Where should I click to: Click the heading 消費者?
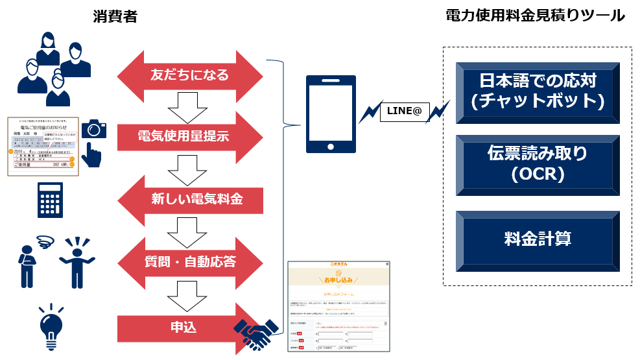[x=115, y=17]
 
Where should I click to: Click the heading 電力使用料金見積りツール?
[x=535, y=16]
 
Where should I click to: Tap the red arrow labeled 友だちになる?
[x=190, y=75]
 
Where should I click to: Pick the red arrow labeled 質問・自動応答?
[x=190, y=261]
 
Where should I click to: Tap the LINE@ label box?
[x=404, y=112]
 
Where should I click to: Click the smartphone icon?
[x=331, y=114]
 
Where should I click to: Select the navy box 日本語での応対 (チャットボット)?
[x=538, y=91]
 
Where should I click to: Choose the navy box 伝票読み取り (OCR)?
[x=538, y=165]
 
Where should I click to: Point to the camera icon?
[x=95, y=128]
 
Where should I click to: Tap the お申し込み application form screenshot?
[x=339, y=306]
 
